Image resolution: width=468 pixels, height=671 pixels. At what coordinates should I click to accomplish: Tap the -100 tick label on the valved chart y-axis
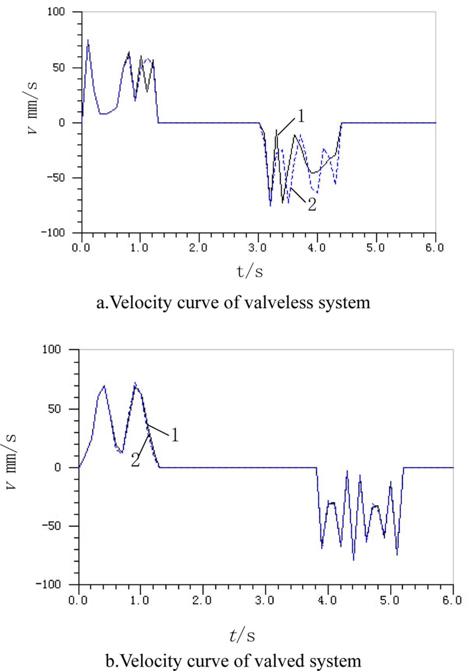click(48, 584)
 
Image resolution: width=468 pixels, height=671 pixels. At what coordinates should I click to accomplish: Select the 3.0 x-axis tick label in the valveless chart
click(258, 248)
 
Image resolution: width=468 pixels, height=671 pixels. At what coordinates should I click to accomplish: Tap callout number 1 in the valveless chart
click(300, 116)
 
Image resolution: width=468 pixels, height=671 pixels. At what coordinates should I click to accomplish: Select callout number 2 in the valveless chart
click(312, 204)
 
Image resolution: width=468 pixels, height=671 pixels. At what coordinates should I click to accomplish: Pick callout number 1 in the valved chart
click(175, 435)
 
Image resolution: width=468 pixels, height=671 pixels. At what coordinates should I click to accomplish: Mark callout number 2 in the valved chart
click(135, 460)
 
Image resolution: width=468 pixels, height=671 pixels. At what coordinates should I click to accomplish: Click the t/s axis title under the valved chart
click(242, 636)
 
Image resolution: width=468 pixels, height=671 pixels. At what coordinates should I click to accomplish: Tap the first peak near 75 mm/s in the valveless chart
click(88, 40)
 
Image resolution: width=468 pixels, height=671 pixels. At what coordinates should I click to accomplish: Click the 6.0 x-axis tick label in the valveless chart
click(434, 248)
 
